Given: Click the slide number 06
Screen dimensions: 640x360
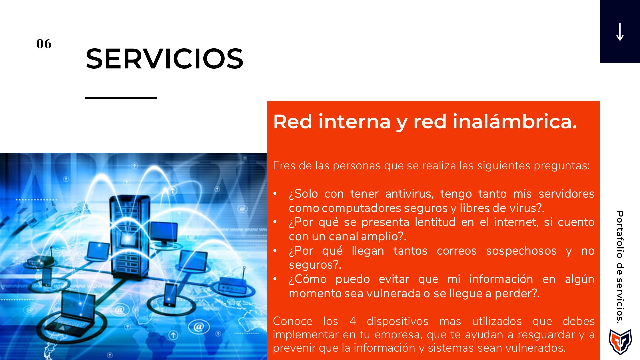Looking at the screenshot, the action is [44, 44].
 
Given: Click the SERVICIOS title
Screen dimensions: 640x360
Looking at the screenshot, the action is [164, 59].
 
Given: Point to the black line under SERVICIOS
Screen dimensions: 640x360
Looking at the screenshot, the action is [121, 98].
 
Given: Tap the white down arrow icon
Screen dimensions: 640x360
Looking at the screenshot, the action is [620, 32].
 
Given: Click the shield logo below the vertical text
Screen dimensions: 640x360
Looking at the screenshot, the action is [620, 342].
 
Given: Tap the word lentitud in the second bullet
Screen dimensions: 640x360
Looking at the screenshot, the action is [435, 222].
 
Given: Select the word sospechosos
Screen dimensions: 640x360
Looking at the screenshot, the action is [521, 251].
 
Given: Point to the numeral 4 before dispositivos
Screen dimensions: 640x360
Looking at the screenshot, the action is [353, 321].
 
